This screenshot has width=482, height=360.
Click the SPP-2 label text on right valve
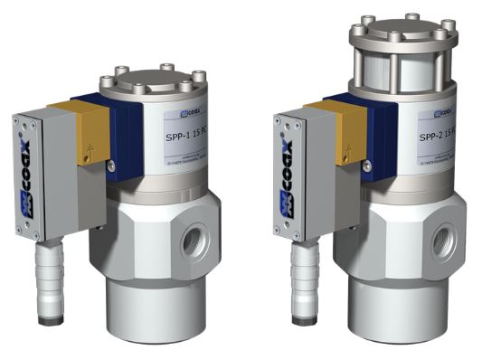point(442,137)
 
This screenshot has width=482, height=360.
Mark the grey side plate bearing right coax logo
point(295,176)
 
